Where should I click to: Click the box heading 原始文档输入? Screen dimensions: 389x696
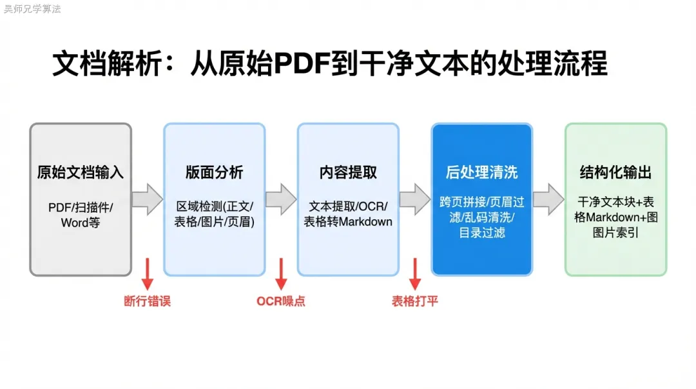pos(81,173)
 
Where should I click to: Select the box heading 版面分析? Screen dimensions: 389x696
pos(214,173)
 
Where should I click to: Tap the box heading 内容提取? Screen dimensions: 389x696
pos(348,173)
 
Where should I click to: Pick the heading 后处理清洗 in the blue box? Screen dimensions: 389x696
pos(481,173)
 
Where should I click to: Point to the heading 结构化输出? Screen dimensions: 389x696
pos(615,173)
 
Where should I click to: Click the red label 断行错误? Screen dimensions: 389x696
pos(147,301)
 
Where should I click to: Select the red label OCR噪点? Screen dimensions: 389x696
pos(281,301)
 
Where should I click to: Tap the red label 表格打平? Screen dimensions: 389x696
pos(414,301)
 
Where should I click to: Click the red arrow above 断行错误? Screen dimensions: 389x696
pos(147,274)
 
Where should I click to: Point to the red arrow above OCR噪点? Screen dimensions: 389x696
pos(281,274)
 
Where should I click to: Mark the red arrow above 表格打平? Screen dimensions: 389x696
pos(415,274)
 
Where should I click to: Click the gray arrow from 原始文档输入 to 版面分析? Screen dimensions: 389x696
pos(148,199)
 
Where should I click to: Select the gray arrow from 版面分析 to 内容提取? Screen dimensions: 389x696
pos(281,199)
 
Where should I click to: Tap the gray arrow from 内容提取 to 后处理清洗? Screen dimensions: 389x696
pos(415,199)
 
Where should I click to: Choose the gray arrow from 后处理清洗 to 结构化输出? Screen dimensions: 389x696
pos(548,199)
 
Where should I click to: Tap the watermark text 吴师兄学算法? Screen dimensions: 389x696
pos(32,9)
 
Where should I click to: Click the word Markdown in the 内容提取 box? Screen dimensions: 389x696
pos(365,221)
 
